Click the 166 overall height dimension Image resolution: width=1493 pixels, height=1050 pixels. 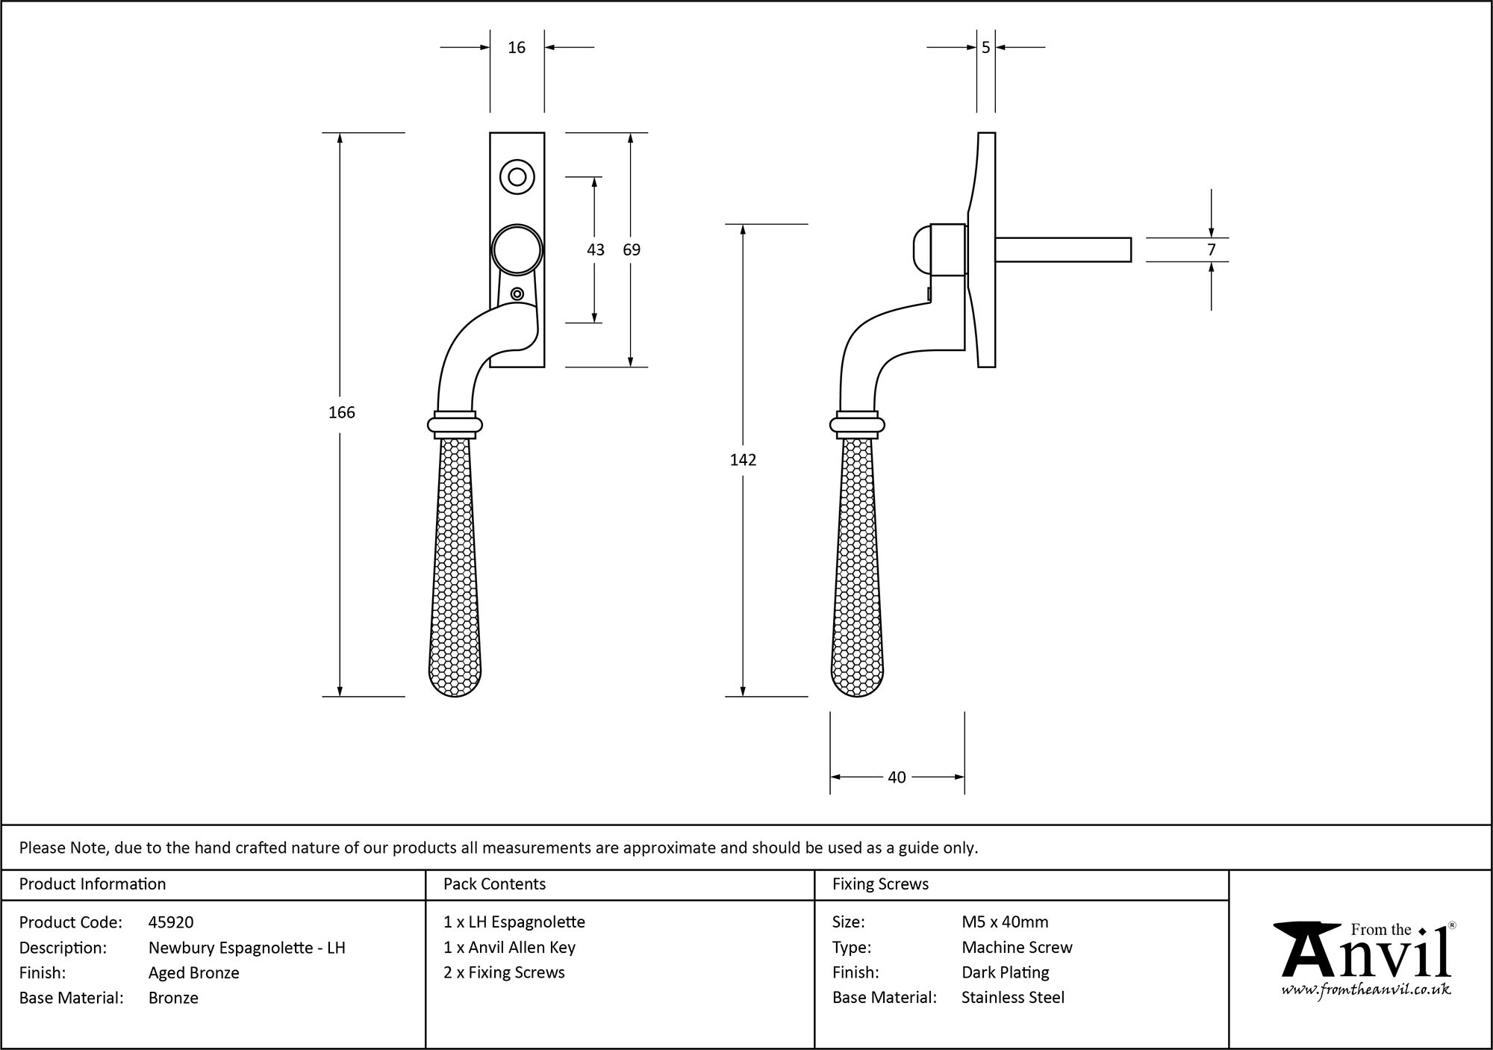tap(341, 412)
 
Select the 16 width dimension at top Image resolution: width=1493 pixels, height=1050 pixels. tap(517, 48)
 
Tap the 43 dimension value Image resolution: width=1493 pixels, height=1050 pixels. tap(595, 250)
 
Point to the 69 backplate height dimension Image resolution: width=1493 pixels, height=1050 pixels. tap(632, 250)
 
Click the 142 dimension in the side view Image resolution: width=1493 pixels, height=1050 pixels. tap(743, 460)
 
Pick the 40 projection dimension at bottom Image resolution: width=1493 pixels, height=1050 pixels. tap(897, 777)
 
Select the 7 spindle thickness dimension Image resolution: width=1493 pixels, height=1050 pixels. tap(1211, 250)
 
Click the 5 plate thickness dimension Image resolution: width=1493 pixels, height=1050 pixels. tap(985, 48)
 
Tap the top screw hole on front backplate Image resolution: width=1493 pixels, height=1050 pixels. tap(517, 178)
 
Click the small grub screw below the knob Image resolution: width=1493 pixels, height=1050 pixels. tap(517, 293)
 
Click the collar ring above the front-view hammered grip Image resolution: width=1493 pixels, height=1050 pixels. tap(455, 425)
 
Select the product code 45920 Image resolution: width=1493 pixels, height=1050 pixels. tap(171, 922)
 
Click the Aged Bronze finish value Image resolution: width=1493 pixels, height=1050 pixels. tap(194, 972)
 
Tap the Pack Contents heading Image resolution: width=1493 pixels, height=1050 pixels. tap(494, 884)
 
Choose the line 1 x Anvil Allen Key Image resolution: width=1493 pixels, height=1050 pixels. tap(509, 948)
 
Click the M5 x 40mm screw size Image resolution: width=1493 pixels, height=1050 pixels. tap(1005, 922)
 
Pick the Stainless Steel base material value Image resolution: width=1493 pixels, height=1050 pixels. tap(1013, 998)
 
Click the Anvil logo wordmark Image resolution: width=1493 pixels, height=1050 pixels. tap(1366, 952)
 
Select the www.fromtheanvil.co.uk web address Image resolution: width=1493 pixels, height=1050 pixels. tap(1366, 990)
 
